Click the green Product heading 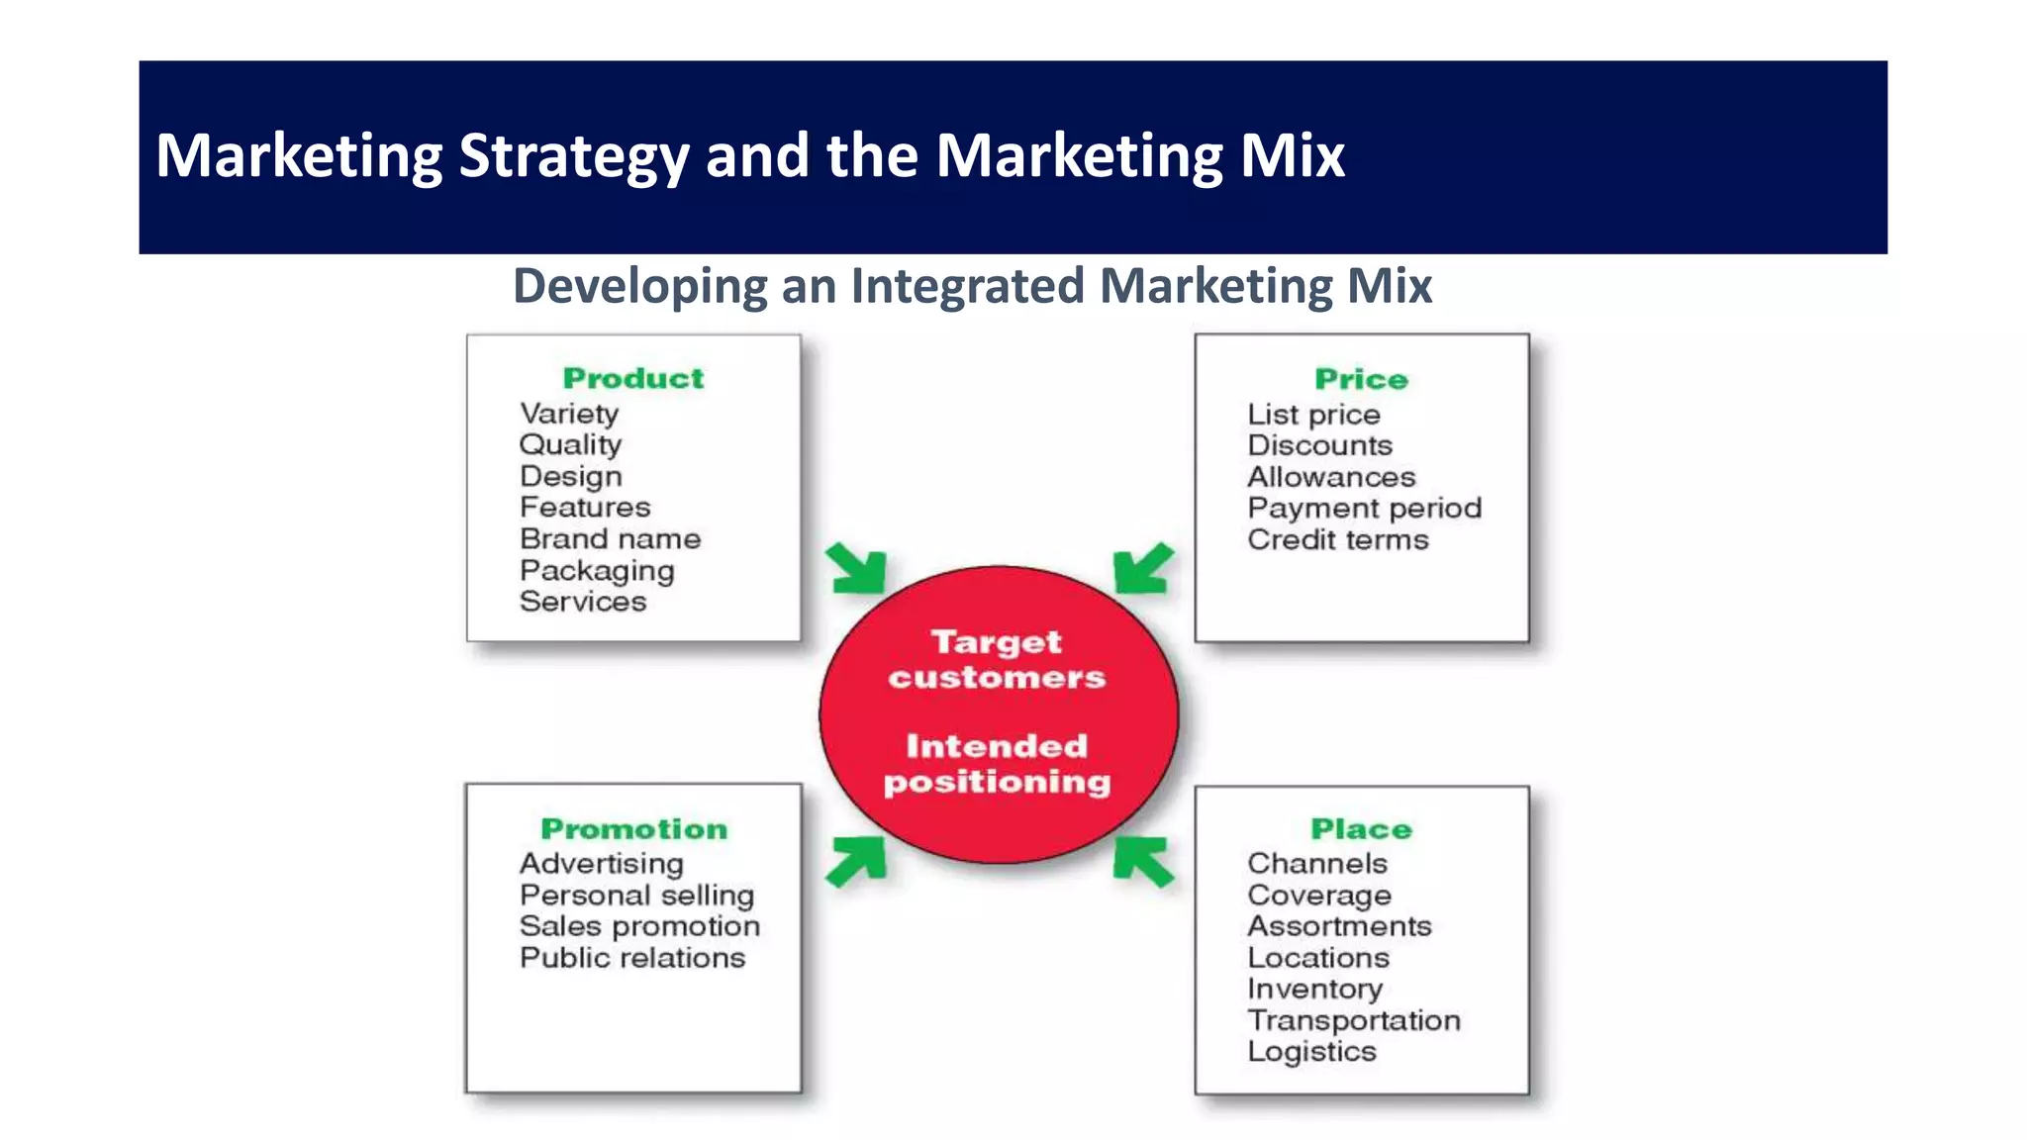633,378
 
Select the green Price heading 1361,379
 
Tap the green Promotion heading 633,828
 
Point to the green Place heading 1361,828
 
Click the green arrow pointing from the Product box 857,569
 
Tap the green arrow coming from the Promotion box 857,860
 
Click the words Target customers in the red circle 997,659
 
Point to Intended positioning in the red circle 997,763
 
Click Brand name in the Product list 610,539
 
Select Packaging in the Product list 597,571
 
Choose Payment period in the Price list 1364,509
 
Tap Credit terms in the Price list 1337,540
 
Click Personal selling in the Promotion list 636,896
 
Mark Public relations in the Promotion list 632,958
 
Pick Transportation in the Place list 1353,1020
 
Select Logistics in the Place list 1311,1052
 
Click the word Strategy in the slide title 573,156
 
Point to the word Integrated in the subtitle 967,286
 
